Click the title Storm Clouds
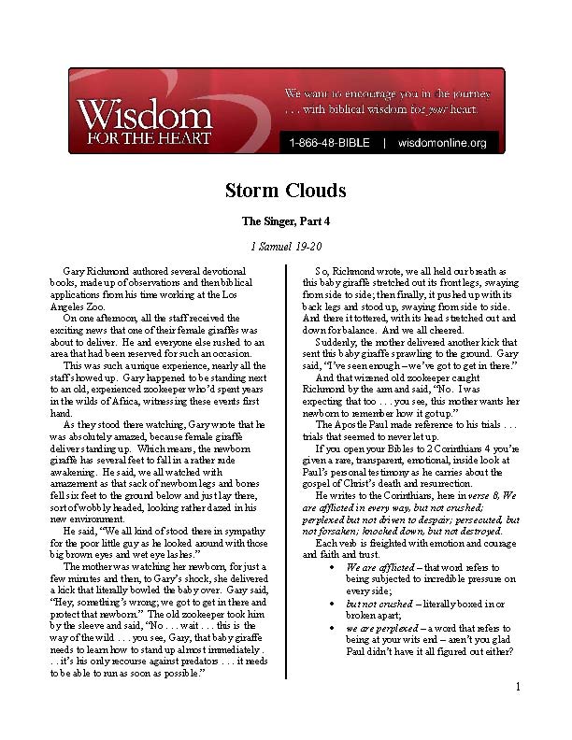(286, 192)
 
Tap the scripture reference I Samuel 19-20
(286, 246)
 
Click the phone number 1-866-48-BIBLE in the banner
(329, 143)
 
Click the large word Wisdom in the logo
(144, 117)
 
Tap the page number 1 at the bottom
(517, 714)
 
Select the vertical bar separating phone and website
(384, 143)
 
